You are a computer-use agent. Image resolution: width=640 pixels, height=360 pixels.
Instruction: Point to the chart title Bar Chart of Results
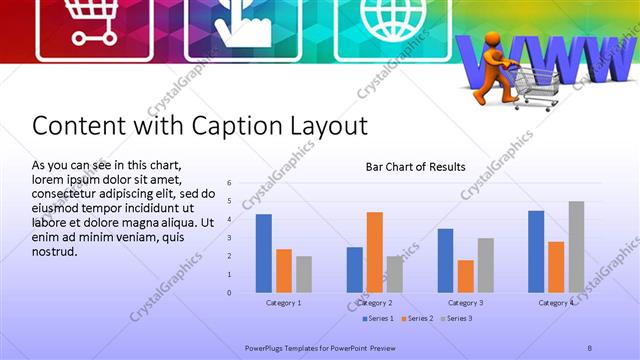click(x=415, y=167)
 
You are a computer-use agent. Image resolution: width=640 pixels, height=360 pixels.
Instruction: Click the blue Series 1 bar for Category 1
click(x=263, y=253)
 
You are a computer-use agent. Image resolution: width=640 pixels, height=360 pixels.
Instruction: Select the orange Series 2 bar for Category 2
click(x=375, y=252)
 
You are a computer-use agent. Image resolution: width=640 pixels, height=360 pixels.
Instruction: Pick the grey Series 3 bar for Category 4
click(x=576, y=247)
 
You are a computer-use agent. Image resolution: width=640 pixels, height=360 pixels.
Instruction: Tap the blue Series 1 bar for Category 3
click(x=445, y=260)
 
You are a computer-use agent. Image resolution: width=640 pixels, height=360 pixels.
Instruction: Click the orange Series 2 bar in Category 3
click(x=466, y=276)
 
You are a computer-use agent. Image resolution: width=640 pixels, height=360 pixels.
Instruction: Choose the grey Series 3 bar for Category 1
click(x=304, y=274)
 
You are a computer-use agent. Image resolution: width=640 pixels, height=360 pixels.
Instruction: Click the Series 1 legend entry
click(x=377, y=318)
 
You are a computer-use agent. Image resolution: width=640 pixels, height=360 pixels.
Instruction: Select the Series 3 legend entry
click(x=457, y=318)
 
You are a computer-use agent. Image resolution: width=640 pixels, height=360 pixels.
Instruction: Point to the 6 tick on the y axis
click(x=229, y=183)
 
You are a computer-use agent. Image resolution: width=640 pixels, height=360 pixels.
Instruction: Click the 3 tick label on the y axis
click(x=229, y=238)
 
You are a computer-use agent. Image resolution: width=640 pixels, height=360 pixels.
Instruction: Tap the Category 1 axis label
click(x=284, y=302)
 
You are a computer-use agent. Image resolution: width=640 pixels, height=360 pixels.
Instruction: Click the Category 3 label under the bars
click(x=466, y=302)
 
